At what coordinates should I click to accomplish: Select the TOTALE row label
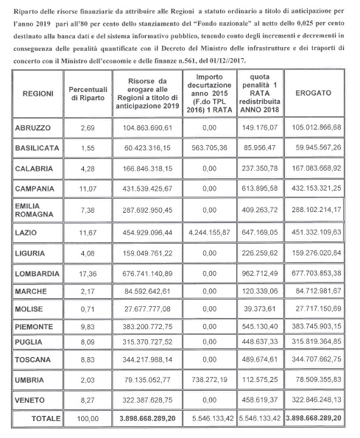click(35, 419)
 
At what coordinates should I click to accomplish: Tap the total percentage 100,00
click(88, 419)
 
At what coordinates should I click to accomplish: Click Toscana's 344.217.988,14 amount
click(147, 360)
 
